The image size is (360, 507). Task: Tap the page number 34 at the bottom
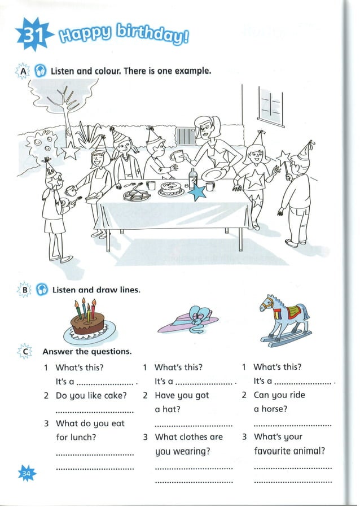(26, 473)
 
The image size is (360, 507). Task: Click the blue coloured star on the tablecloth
(197, 191)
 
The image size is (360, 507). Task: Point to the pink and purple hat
(189, 321)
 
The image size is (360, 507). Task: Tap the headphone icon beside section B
(41, 290)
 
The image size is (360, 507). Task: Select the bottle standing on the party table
(192, 179)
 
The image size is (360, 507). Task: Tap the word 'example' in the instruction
(191, 72)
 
